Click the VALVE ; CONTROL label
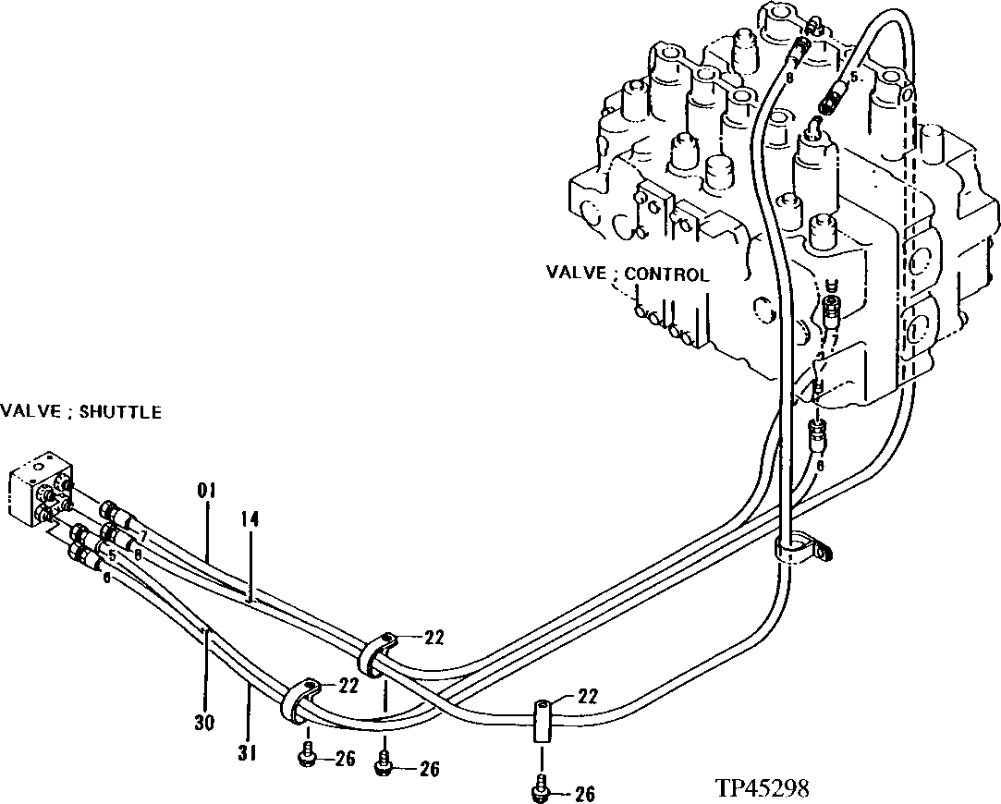pos(627,274)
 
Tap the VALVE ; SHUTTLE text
pos(80,412)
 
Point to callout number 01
pos(205,490)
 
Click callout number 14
pos(250,521)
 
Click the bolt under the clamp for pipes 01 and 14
pos(385,763)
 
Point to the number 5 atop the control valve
pos(853,79)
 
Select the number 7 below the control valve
pos(833,342)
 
